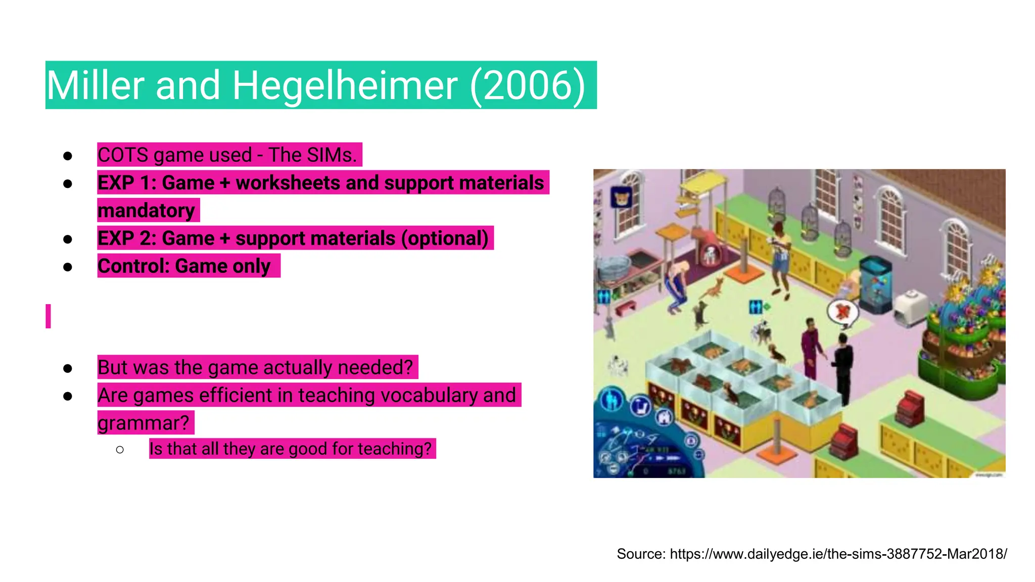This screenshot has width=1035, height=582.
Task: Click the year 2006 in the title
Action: [528, 85]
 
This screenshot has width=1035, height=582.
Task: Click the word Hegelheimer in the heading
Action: [345, 85]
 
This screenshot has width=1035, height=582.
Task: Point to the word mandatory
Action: [147, 211]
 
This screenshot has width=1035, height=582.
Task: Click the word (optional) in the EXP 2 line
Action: [445, 238]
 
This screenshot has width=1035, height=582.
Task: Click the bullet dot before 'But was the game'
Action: [68, 368]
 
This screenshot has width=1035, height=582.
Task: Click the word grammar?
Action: [144, 423]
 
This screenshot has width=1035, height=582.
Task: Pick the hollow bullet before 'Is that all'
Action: [120, 449]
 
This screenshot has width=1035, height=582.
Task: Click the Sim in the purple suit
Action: [811, 349]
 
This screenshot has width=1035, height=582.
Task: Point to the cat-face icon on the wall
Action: [621, 197]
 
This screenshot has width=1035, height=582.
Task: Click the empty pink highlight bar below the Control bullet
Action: [48, 316]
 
